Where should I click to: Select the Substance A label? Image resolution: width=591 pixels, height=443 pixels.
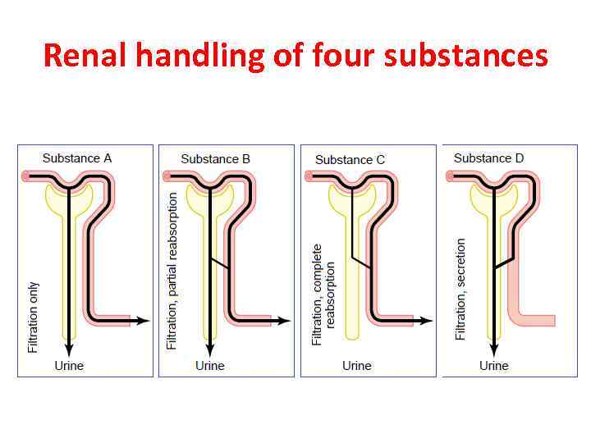(77, 158)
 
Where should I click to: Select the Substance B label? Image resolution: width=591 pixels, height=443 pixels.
(216, 158)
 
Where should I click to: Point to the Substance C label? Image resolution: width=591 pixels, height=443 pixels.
(350, 159)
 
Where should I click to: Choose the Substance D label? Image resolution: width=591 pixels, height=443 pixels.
(488, 158)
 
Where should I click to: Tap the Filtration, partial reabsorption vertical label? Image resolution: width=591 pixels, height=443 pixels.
(172, 271)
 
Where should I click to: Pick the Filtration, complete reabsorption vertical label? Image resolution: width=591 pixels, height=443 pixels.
(323, 293)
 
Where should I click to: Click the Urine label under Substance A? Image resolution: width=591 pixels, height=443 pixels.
(69, 365)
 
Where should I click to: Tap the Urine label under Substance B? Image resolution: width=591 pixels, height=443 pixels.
(210, 365)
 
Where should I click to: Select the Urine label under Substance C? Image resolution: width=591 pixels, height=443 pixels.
(356, 365)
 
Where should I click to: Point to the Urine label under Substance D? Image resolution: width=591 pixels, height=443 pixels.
(494, 365)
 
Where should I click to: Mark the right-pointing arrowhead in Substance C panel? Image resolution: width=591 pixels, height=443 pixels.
(427, 320)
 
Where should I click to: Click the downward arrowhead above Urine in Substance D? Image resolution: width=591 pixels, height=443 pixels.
(492, 349)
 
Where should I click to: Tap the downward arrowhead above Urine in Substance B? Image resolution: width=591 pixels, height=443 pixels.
(209, 349)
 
